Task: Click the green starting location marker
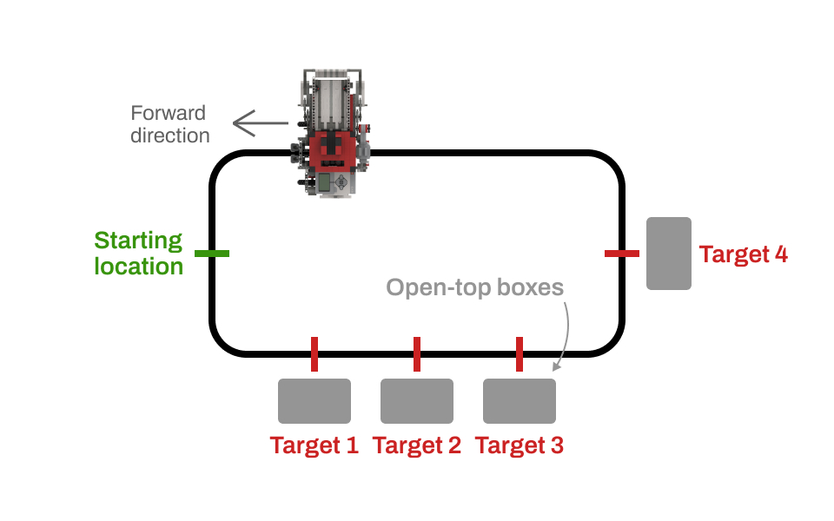212,254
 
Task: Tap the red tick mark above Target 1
314,354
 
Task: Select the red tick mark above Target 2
417,354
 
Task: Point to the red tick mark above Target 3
520,354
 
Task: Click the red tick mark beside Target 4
622,254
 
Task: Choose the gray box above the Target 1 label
314,401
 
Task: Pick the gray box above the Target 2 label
417,401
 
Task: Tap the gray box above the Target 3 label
520,401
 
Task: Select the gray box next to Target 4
669,254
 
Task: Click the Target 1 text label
314,445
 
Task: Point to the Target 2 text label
417,445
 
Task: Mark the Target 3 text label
520,445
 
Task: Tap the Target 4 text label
744,254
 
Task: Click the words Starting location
139,253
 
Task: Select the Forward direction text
169,124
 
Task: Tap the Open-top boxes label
475,287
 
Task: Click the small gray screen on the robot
325,182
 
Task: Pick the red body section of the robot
333,151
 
